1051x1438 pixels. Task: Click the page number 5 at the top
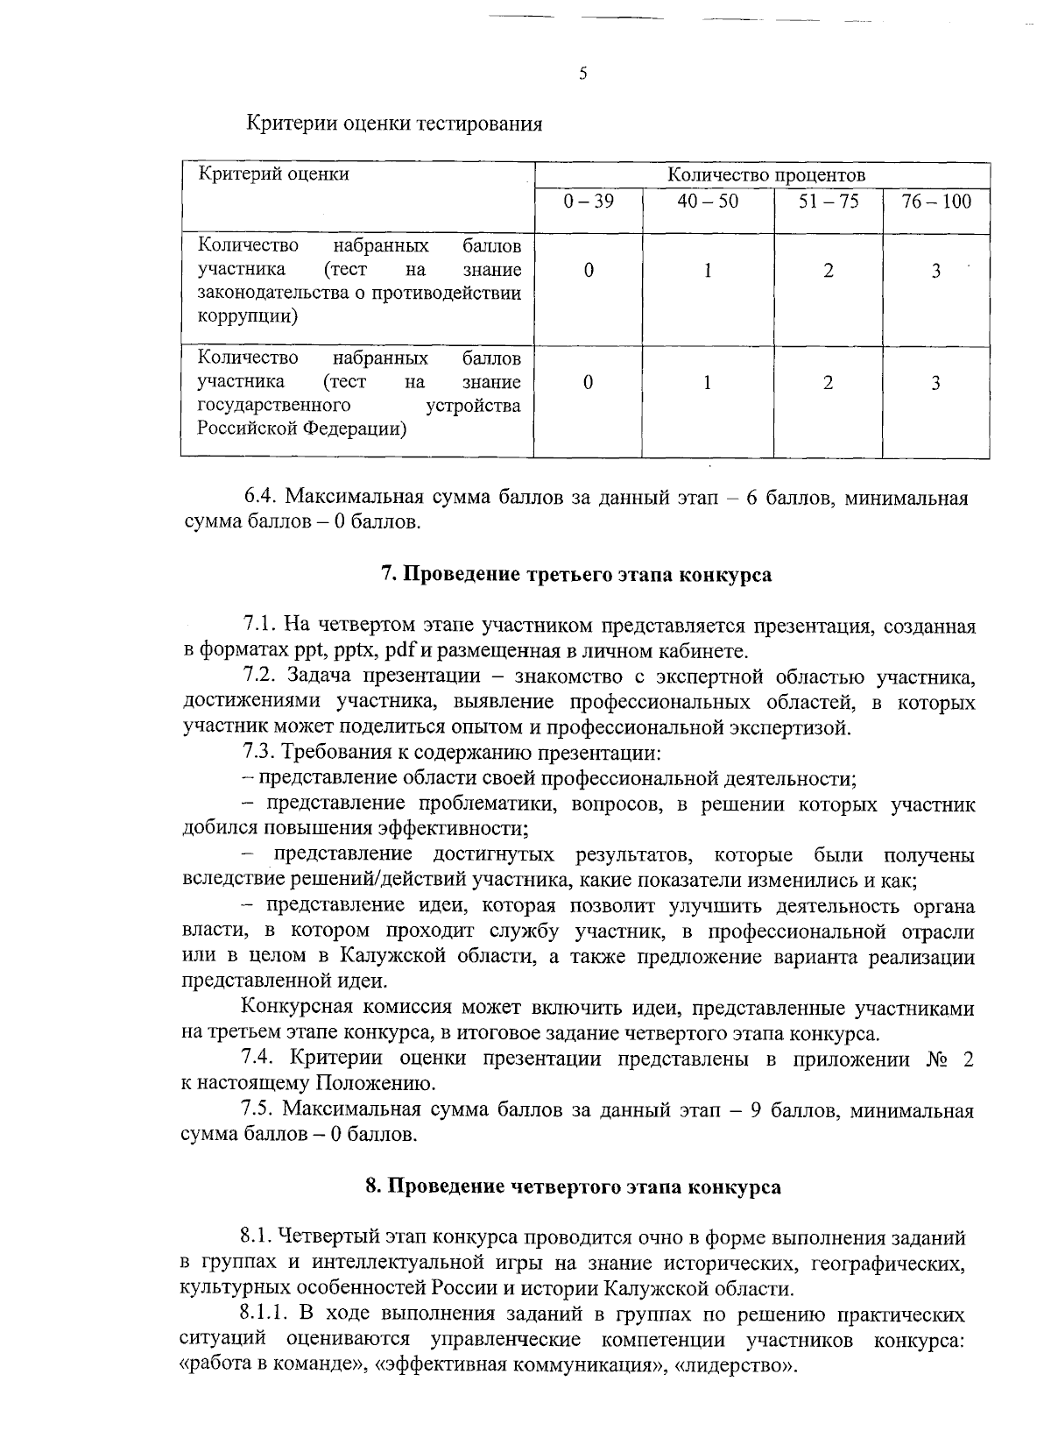[x=582, y=74]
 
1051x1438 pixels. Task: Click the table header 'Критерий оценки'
[x=273, y=174]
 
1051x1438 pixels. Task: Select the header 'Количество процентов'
[x=766, y=175]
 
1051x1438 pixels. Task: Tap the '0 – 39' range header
[x=588, y=202]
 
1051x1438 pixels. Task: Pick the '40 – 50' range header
[x=708, y=202]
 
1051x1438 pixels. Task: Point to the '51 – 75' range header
[x=828, y=202]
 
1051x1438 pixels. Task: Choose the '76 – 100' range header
[x=936, y=202]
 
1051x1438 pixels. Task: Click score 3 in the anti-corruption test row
[x=935, y=271]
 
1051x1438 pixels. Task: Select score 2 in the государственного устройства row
[x=828, y=382]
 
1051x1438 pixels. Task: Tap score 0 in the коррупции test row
[x=588, y=270]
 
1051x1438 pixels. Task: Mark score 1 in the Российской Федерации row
[x=707, y=382]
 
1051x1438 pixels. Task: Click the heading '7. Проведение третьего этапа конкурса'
[x=576, y=575]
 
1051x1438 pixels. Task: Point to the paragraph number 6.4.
[x=260, y=498]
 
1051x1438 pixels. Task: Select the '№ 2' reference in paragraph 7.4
[x=949, y=1059]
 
